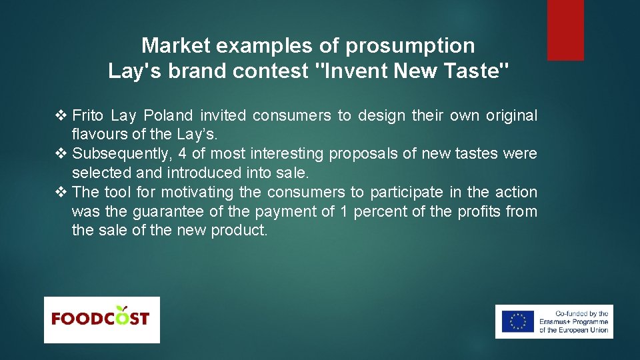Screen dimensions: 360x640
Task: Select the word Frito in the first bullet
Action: click(x=87, y=116)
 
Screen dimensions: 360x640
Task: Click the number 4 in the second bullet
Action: click(x=182, y=154)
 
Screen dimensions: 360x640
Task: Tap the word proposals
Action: click(x=362, y=154)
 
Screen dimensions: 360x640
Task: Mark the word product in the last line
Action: click(x=239, y=231)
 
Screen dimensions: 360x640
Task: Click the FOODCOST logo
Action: click(x=101, y=319)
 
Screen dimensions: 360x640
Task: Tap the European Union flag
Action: click(x=517, y=321)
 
